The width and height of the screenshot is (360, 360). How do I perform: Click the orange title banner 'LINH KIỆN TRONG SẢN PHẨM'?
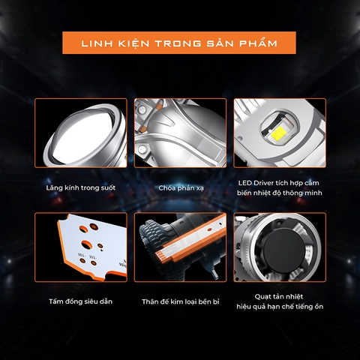click(x=179, y=43)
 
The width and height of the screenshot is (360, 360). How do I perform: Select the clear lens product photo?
click(x=80, y=135)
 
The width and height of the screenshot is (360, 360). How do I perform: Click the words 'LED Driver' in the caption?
click(x=253, y=183)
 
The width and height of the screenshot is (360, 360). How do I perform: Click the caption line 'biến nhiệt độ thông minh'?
click(x=278, y=193)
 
